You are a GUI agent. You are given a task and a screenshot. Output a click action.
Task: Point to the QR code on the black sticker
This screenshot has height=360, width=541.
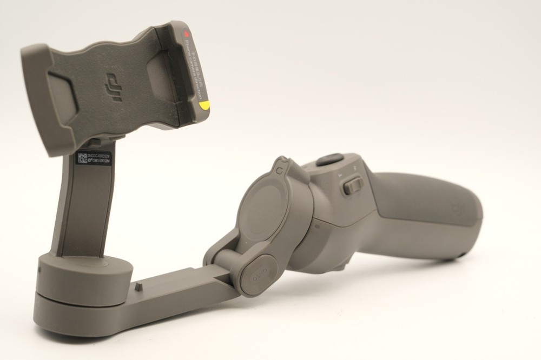(x=82, y=158)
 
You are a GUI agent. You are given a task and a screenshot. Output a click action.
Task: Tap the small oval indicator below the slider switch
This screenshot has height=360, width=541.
(x=317, y=226)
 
